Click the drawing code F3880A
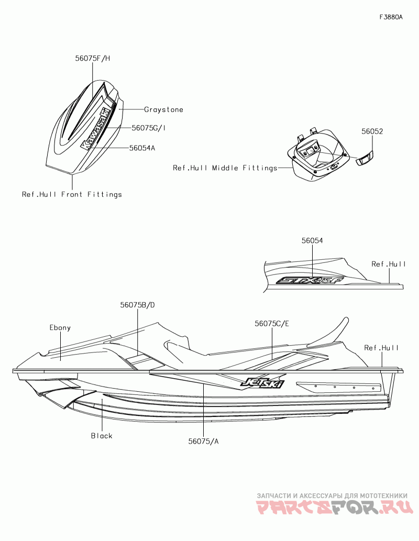391,17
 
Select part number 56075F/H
92,59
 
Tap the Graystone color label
163,110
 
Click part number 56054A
142,148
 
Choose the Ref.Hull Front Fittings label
72,194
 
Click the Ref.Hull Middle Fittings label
225,168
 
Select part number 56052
372,132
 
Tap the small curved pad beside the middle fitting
365,158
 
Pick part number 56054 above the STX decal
312,240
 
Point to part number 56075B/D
138,305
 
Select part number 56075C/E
272,324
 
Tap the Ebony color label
60,328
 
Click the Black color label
102,436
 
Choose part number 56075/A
203,441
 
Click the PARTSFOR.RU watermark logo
335,507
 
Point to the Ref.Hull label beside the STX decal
389,264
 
